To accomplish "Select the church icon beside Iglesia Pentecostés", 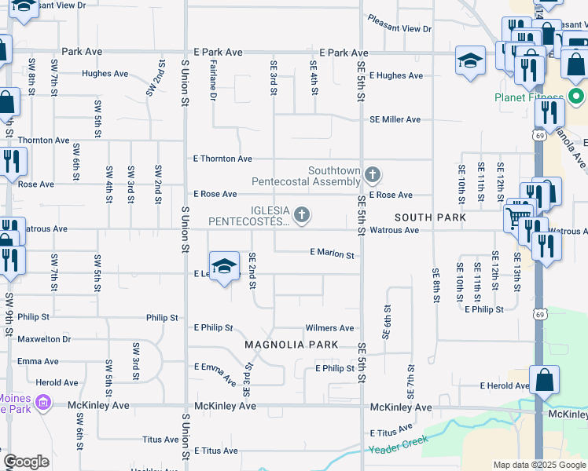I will [x=300, y=214].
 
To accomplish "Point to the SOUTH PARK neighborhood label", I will [x=430, y=217].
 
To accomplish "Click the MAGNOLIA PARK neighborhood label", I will [x=291, y=345].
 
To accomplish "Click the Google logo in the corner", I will [x=26, y=462].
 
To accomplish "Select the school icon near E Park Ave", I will [x=469, y=60].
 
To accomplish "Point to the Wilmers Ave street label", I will [x=329, y=328].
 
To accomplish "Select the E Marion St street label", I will [x=332, y=254].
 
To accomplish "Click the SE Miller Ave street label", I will [x=395, y=119].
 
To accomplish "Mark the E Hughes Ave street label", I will [x=395, y=76].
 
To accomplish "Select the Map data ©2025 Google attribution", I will [x=539, y=465].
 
